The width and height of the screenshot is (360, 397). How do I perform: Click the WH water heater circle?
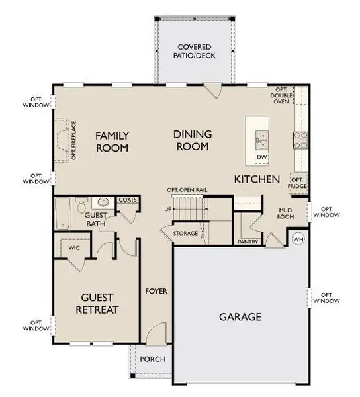(298, 238)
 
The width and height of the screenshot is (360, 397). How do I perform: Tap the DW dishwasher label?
(262, 157)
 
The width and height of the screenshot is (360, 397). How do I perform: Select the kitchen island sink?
(262, 139)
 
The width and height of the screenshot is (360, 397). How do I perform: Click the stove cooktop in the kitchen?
(300, 138)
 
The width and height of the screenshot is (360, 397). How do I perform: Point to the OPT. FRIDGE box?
(298, 183)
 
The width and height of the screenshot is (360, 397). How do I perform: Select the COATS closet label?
(127, 200)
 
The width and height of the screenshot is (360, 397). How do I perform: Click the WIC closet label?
(74, 248)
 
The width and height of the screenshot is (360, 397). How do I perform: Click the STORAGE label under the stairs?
(186, 234)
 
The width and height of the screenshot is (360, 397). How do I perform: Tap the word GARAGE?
(240, 316)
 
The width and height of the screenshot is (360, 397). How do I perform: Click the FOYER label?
(156, 290)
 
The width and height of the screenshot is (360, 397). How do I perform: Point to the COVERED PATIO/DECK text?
(194, 52)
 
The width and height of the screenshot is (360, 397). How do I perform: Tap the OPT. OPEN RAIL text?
(188, 190)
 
